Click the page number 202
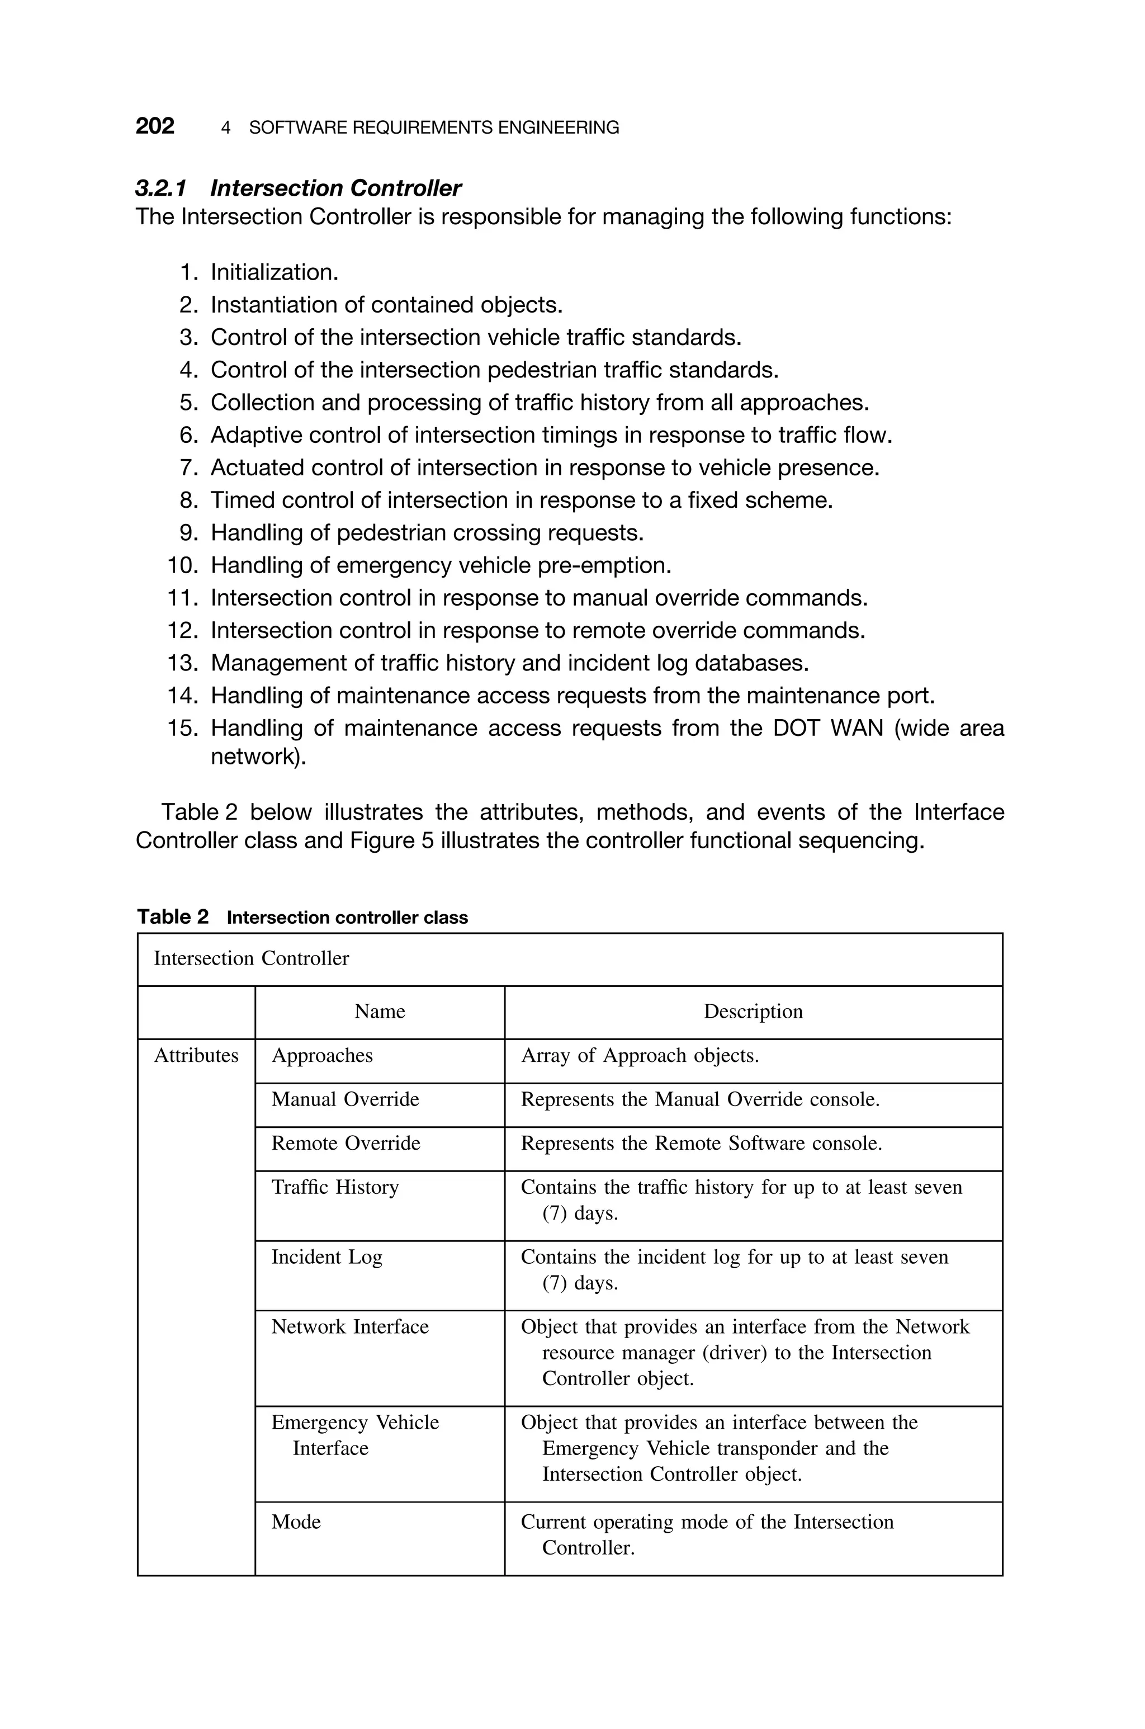click(155, 126)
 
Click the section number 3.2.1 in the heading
click(160, 188)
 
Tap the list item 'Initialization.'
click(275, 272)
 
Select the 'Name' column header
click(380, 1011)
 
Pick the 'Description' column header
click(753, 1011)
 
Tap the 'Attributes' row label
click(196, 1056)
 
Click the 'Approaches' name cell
click(322, 1056)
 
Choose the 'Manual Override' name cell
click(346, 1099)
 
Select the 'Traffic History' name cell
click(335, 1187)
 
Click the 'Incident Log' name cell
click(327, 1257)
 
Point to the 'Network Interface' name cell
click(350, 1327)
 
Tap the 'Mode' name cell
click(296, 1522)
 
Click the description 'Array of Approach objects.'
click(640, 1056)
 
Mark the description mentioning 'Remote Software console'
click(701, 1144)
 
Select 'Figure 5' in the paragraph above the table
click(391, 841)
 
